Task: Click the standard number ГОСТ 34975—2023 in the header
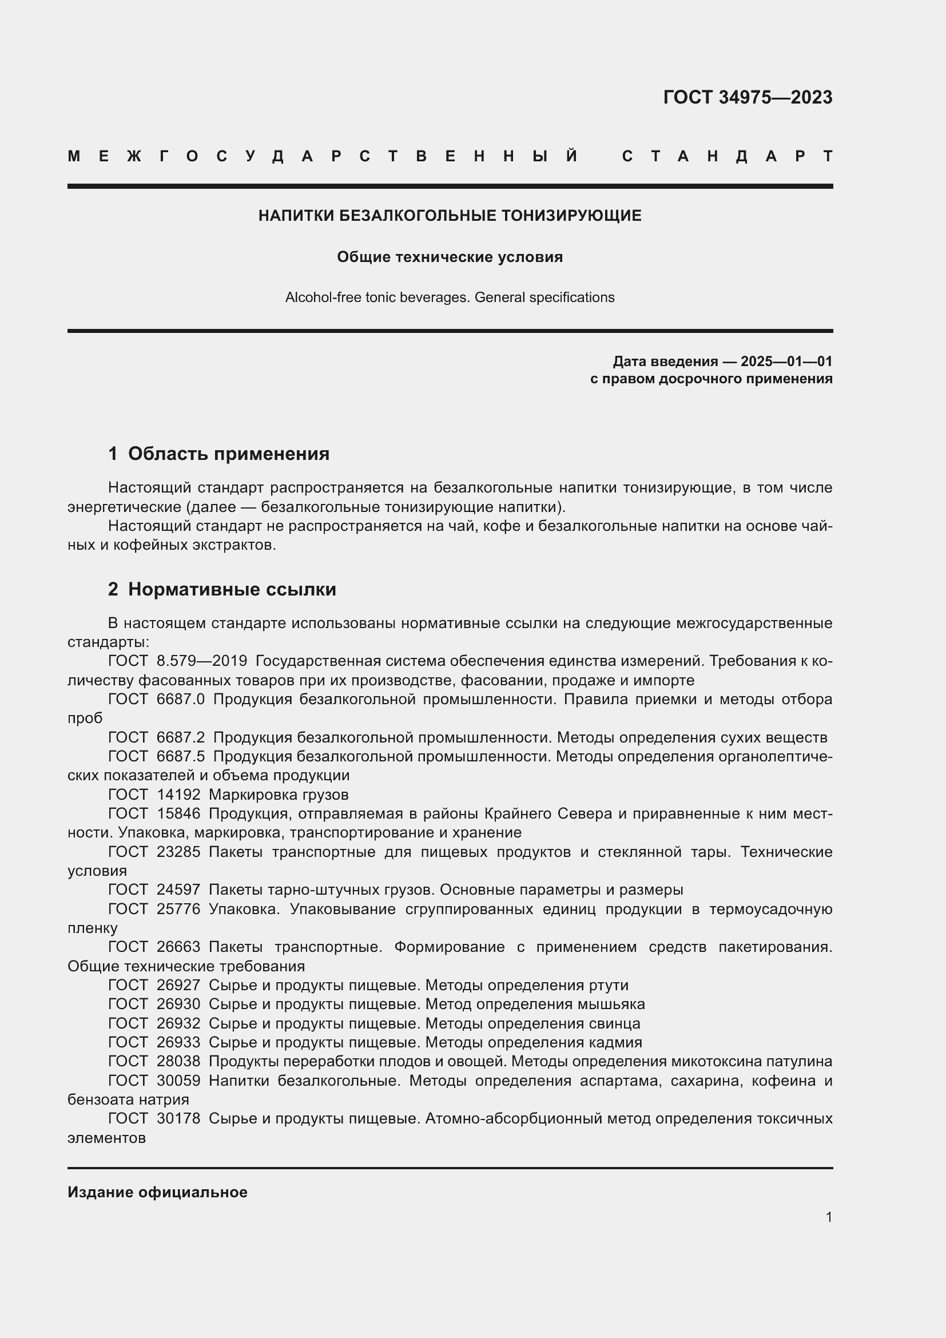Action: pyautogui.click(x=748, y=97)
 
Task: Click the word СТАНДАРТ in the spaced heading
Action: pyautogui.click(x=727, y=156)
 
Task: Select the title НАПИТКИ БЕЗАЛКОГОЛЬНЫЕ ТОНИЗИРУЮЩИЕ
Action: pyautogui.click(x=450, y=216)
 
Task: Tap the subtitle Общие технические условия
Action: pyautogui.click(x=450, y=257)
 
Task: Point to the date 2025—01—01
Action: pyautogui.click(x=786, y=362)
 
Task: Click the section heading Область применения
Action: pyautogui.click(x=228, y=454)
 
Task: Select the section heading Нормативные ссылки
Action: pyautogui.click(x=232, y=589)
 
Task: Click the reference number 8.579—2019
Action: pyautogui.click(x=201, y=661)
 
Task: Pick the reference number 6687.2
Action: pyautogui.click(x=181, y=737)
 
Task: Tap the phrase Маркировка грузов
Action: pyautogui.click(x=279, y=795)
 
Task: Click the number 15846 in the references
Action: pyautogui.click(x=178, y=813)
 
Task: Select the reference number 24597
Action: pyautogui.click(x=178, y=890)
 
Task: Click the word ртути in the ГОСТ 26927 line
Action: pyautogui.click(x=610, y=986)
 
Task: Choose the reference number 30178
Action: pyautogui.click(x=178, y=1119)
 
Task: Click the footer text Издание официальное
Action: pyautogui.click(x=157, y=1192)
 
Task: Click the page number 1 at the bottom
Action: pyautogui.click(x=829, y=1217)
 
